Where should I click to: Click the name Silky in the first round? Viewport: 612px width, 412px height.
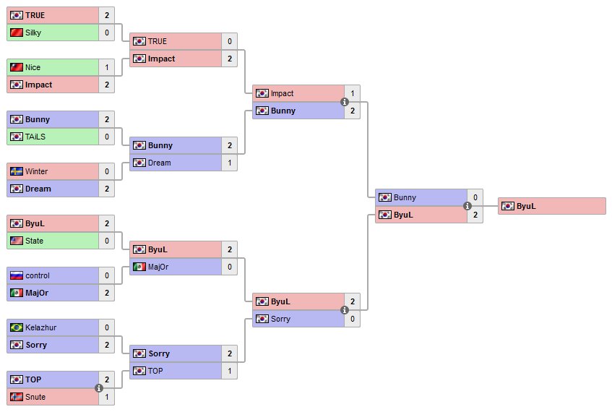33,33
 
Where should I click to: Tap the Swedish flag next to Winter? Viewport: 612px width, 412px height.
17,171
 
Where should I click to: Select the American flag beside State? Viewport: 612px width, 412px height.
17,241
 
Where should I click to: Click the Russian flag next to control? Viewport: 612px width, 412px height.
17,275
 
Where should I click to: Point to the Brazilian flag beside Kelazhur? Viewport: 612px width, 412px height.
17,327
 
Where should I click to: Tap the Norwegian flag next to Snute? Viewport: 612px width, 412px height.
17,397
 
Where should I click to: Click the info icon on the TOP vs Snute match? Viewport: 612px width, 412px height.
99,389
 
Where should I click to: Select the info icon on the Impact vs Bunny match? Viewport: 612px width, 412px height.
345,103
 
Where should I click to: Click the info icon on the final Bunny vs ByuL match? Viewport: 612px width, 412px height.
467,206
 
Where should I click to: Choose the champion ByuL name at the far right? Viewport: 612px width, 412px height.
526,206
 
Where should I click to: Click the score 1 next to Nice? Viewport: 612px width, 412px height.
107,67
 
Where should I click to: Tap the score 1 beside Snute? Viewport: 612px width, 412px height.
107,397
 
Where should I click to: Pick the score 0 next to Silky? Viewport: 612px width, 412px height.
107,33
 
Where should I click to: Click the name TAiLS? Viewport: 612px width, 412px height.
35,137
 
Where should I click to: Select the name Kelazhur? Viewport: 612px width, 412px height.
40,327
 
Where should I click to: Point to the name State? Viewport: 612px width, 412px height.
34,241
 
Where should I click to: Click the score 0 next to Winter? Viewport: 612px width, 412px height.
107,171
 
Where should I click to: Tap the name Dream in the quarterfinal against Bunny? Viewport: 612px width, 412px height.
159,163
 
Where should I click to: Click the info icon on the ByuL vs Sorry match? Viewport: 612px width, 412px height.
345,311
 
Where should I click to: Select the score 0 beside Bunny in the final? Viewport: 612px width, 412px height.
475,197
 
